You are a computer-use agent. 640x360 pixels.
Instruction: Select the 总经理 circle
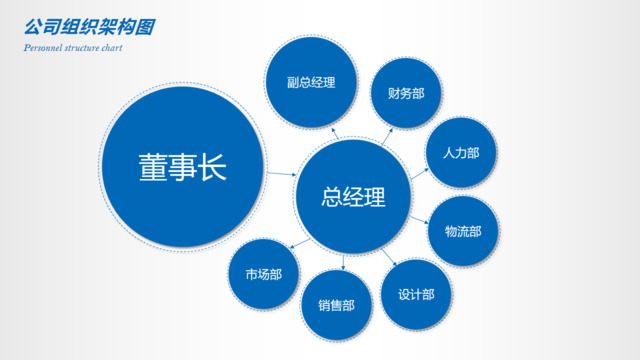coord(353,196)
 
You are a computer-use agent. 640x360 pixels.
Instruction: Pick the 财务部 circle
coord(406,94)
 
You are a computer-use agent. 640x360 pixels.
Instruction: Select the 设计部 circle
coord(416,294)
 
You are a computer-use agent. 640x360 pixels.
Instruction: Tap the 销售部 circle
coord(336,306)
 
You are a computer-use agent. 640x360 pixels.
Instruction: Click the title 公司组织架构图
coord(90,27)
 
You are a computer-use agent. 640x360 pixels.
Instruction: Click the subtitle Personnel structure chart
coord(72,47)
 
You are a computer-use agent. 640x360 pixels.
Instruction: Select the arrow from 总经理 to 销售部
coord(343,262)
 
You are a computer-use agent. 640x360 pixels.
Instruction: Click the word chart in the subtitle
coord(110,47)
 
